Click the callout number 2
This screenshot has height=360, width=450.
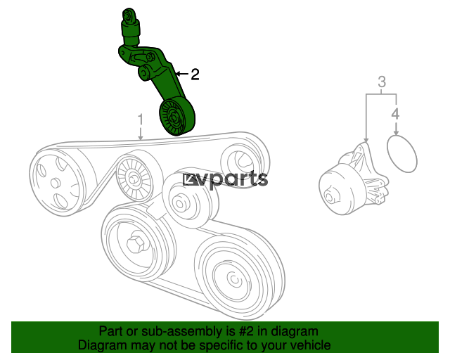[195, 75]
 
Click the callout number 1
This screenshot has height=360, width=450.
[141, 120]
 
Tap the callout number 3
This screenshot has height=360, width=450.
[381, 82]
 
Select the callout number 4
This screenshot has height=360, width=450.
[395, 114]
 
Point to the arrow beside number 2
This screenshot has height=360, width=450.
[182, 74]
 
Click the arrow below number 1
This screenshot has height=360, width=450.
[141, 134]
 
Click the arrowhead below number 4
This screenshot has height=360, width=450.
[396, 132]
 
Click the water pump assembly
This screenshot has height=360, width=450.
[354, 180]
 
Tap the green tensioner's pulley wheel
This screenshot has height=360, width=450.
[177, 116]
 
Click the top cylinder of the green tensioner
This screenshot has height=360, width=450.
[129, 27]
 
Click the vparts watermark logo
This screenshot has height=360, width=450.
[226, 179]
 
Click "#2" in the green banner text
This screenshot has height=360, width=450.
[246, 331]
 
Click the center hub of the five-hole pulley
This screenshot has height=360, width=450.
[55, 183]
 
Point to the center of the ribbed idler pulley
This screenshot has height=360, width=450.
[133, 179]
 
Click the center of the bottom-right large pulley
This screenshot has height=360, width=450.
[234, 278]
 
